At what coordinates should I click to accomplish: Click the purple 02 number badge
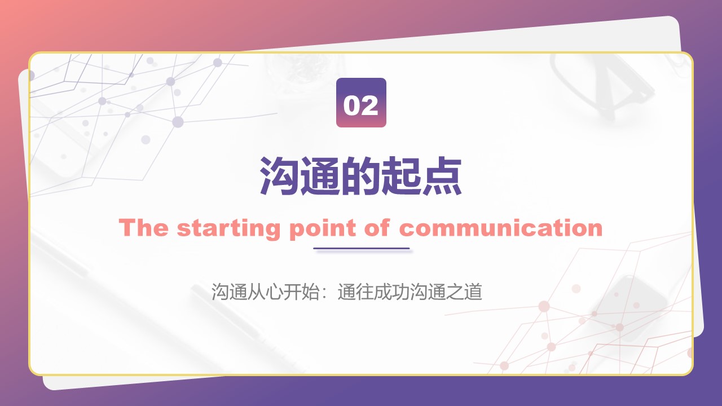click(361, 103)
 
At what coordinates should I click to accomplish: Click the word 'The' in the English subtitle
click(143, 228)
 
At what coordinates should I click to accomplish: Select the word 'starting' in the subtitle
click(228, 230)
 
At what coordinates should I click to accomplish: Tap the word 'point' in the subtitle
click(322, 230)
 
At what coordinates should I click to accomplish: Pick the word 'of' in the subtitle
click(377, 228)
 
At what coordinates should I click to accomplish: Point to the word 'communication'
click(501, 228)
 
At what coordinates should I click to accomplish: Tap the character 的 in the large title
click(361, 176)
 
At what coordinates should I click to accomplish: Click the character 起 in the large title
click(402, 176)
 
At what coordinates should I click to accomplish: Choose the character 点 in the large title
click(442, 176)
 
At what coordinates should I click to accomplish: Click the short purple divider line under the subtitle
click(362, 249)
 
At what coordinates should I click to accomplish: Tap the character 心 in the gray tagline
click(274, 292)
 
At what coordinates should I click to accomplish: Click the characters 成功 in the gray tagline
click(391, 292)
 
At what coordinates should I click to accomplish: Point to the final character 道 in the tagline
click(473, 292)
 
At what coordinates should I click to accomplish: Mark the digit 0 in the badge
click(351, 105)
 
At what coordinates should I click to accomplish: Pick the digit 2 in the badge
click(369, 105)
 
